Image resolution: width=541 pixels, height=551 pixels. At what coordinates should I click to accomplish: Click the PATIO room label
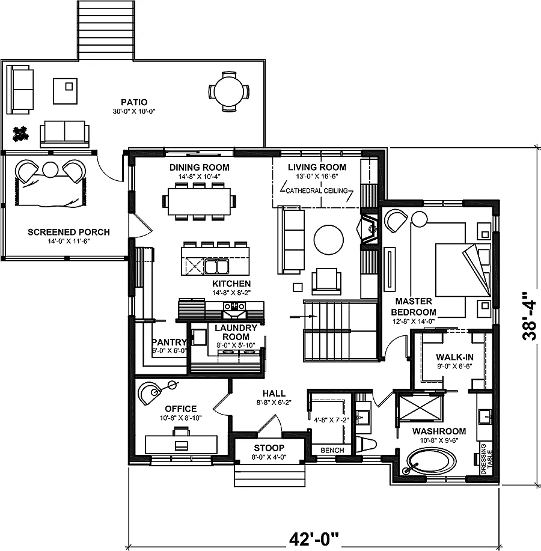click(x=133, y=102)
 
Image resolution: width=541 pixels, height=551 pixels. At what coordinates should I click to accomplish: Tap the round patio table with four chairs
click(x=228, y=91)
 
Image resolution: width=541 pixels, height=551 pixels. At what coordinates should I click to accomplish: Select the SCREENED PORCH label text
click(x=69, y=233)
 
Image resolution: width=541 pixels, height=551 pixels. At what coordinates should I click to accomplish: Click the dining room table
click(x=198, y=198)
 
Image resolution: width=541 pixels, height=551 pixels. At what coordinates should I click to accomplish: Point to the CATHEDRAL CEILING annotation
click(x=317, y=190)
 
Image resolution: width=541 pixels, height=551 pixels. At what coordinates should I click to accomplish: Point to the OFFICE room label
click(x=181, y=409)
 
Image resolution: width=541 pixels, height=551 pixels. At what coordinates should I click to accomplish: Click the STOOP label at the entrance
click(x=269, y=448)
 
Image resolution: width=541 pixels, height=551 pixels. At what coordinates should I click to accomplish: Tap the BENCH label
click(x=332, y=451)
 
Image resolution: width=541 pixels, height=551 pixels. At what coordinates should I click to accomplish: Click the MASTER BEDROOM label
click(x=413, y=306)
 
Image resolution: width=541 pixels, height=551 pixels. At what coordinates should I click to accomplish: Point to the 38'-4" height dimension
click(x=530, y=317)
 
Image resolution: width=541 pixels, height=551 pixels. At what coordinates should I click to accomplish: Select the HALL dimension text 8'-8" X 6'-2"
click(x=274, y=404)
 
